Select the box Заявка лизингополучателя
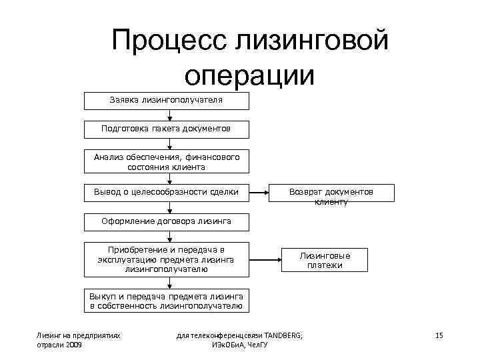167,101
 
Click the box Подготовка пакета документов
167,128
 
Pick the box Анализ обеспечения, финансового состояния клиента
167,161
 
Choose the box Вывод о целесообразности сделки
167,193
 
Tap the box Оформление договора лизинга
167,221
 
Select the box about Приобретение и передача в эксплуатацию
167,259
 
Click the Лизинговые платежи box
325,260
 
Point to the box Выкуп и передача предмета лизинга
167,301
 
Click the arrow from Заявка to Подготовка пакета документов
170,115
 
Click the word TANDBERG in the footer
283,335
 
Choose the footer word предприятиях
96,335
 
